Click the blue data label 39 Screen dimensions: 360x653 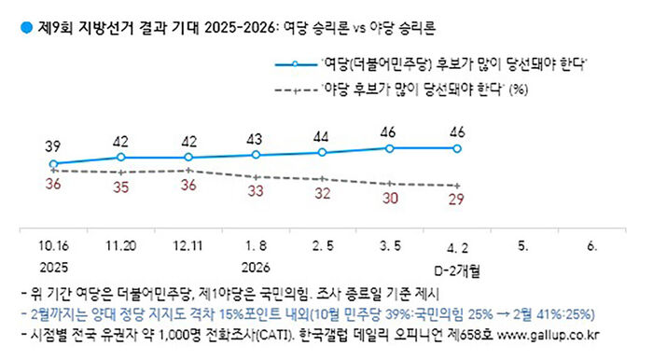pyautogui.click(x=53, y=146)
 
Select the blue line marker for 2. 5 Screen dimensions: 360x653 pyautogui.click(x=322, y=152)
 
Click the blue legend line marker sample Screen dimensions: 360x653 pyautogui.click(x=294, y=66)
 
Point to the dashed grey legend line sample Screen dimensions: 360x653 pyautogui.click(x=294, y=90)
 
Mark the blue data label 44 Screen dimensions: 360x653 pyautogui.click(x=322, y=135)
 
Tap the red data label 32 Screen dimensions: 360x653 pyautogui.click(x=322, y=195)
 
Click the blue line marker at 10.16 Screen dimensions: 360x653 pyautogui.click(x=53, y=164)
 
